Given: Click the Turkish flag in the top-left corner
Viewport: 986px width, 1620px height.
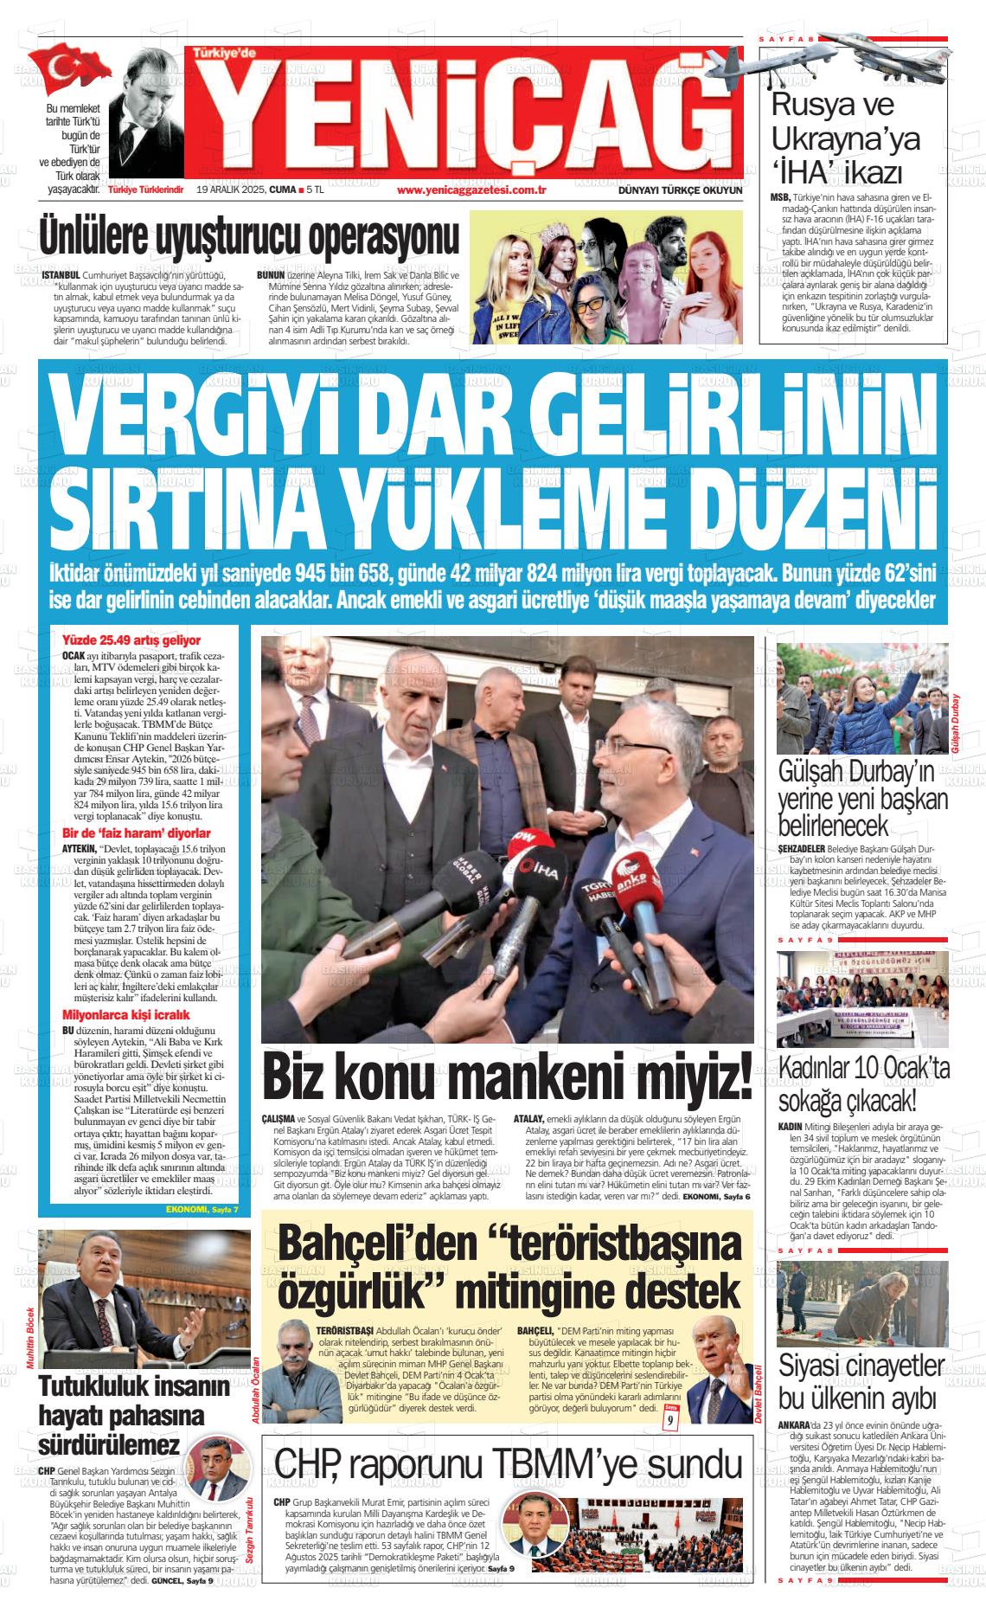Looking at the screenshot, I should coord(75,67).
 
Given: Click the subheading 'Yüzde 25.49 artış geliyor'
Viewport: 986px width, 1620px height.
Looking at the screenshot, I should coord(131,640).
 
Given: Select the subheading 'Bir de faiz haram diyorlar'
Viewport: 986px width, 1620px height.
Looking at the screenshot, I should coord(137,833).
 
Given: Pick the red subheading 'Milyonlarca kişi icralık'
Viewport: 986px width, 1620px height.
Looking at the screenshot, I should coord(126,1014).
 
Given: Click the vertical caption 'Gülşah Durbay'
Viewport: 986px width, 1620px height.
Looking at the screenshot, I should coord(955,727).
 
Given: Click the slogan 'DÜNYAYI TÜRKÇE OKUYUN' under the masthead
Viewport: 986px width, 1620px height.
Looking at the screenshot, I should coord(681,190).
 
